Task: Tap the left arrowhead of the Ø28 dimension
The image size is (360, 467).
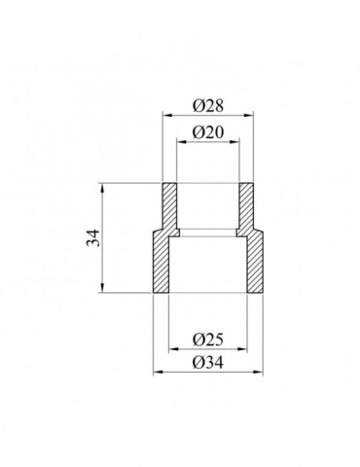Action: click(x=164, y=115)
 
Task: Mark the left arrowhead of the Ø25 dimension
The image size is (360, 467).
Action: click(x=172, y=349)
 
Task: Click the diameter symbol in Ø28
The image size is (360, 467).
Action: click(x=196, y=103)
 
